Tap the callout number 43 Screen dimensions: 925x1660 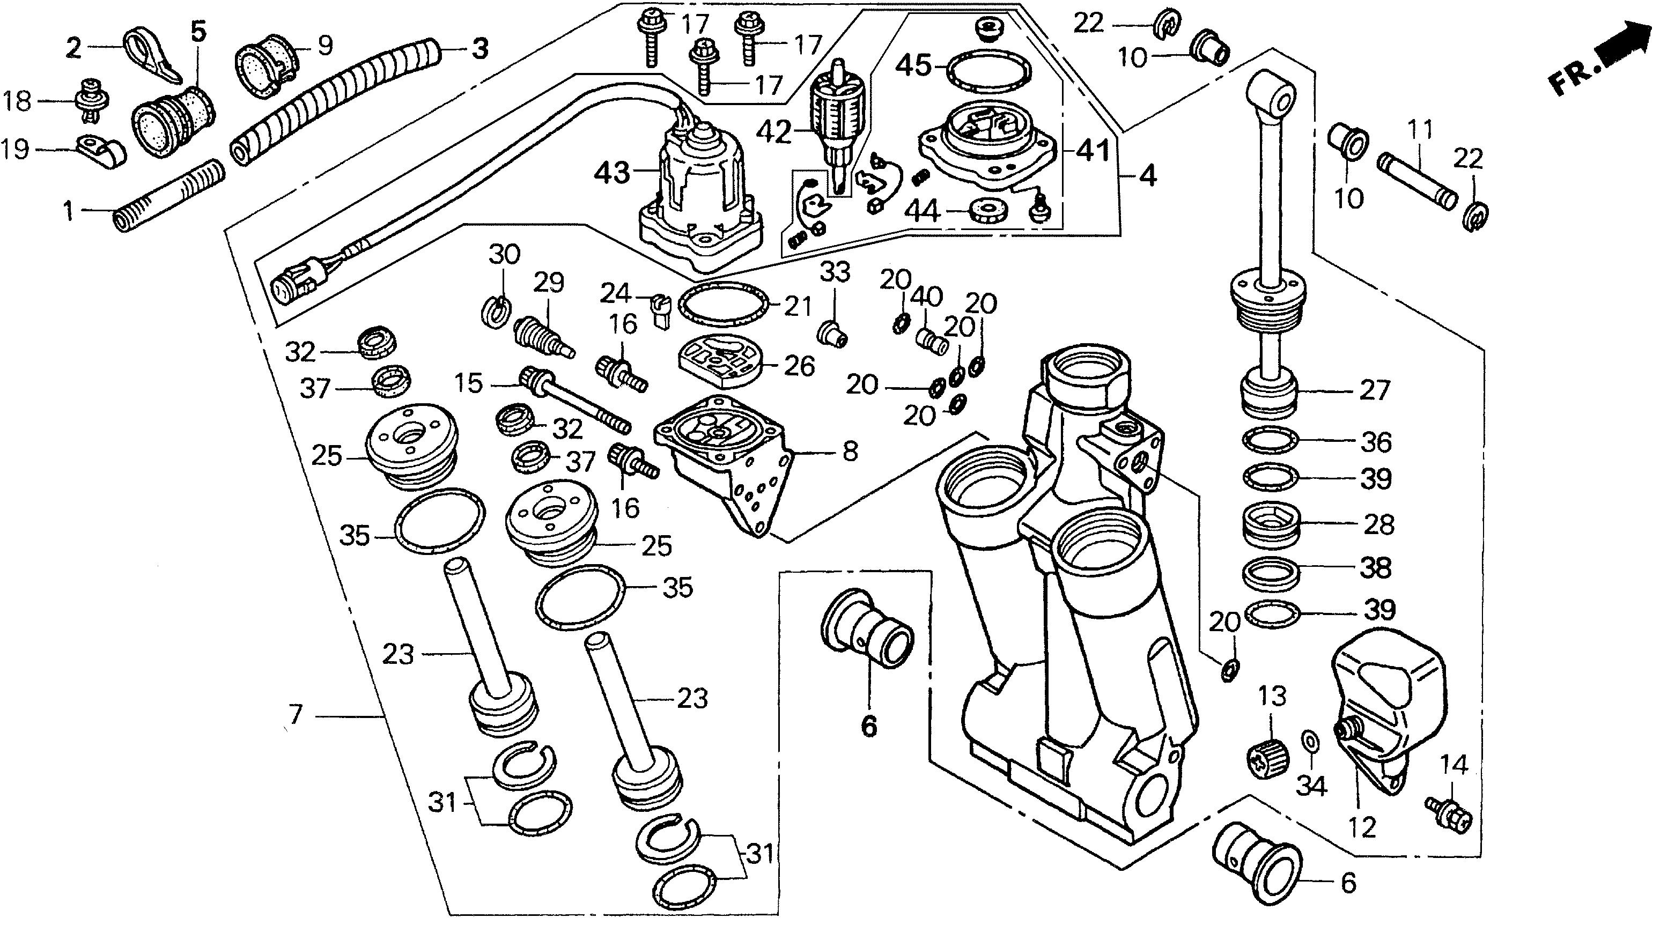[611, 172]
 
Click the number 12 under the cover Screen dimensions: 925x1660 [1362, 826]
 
